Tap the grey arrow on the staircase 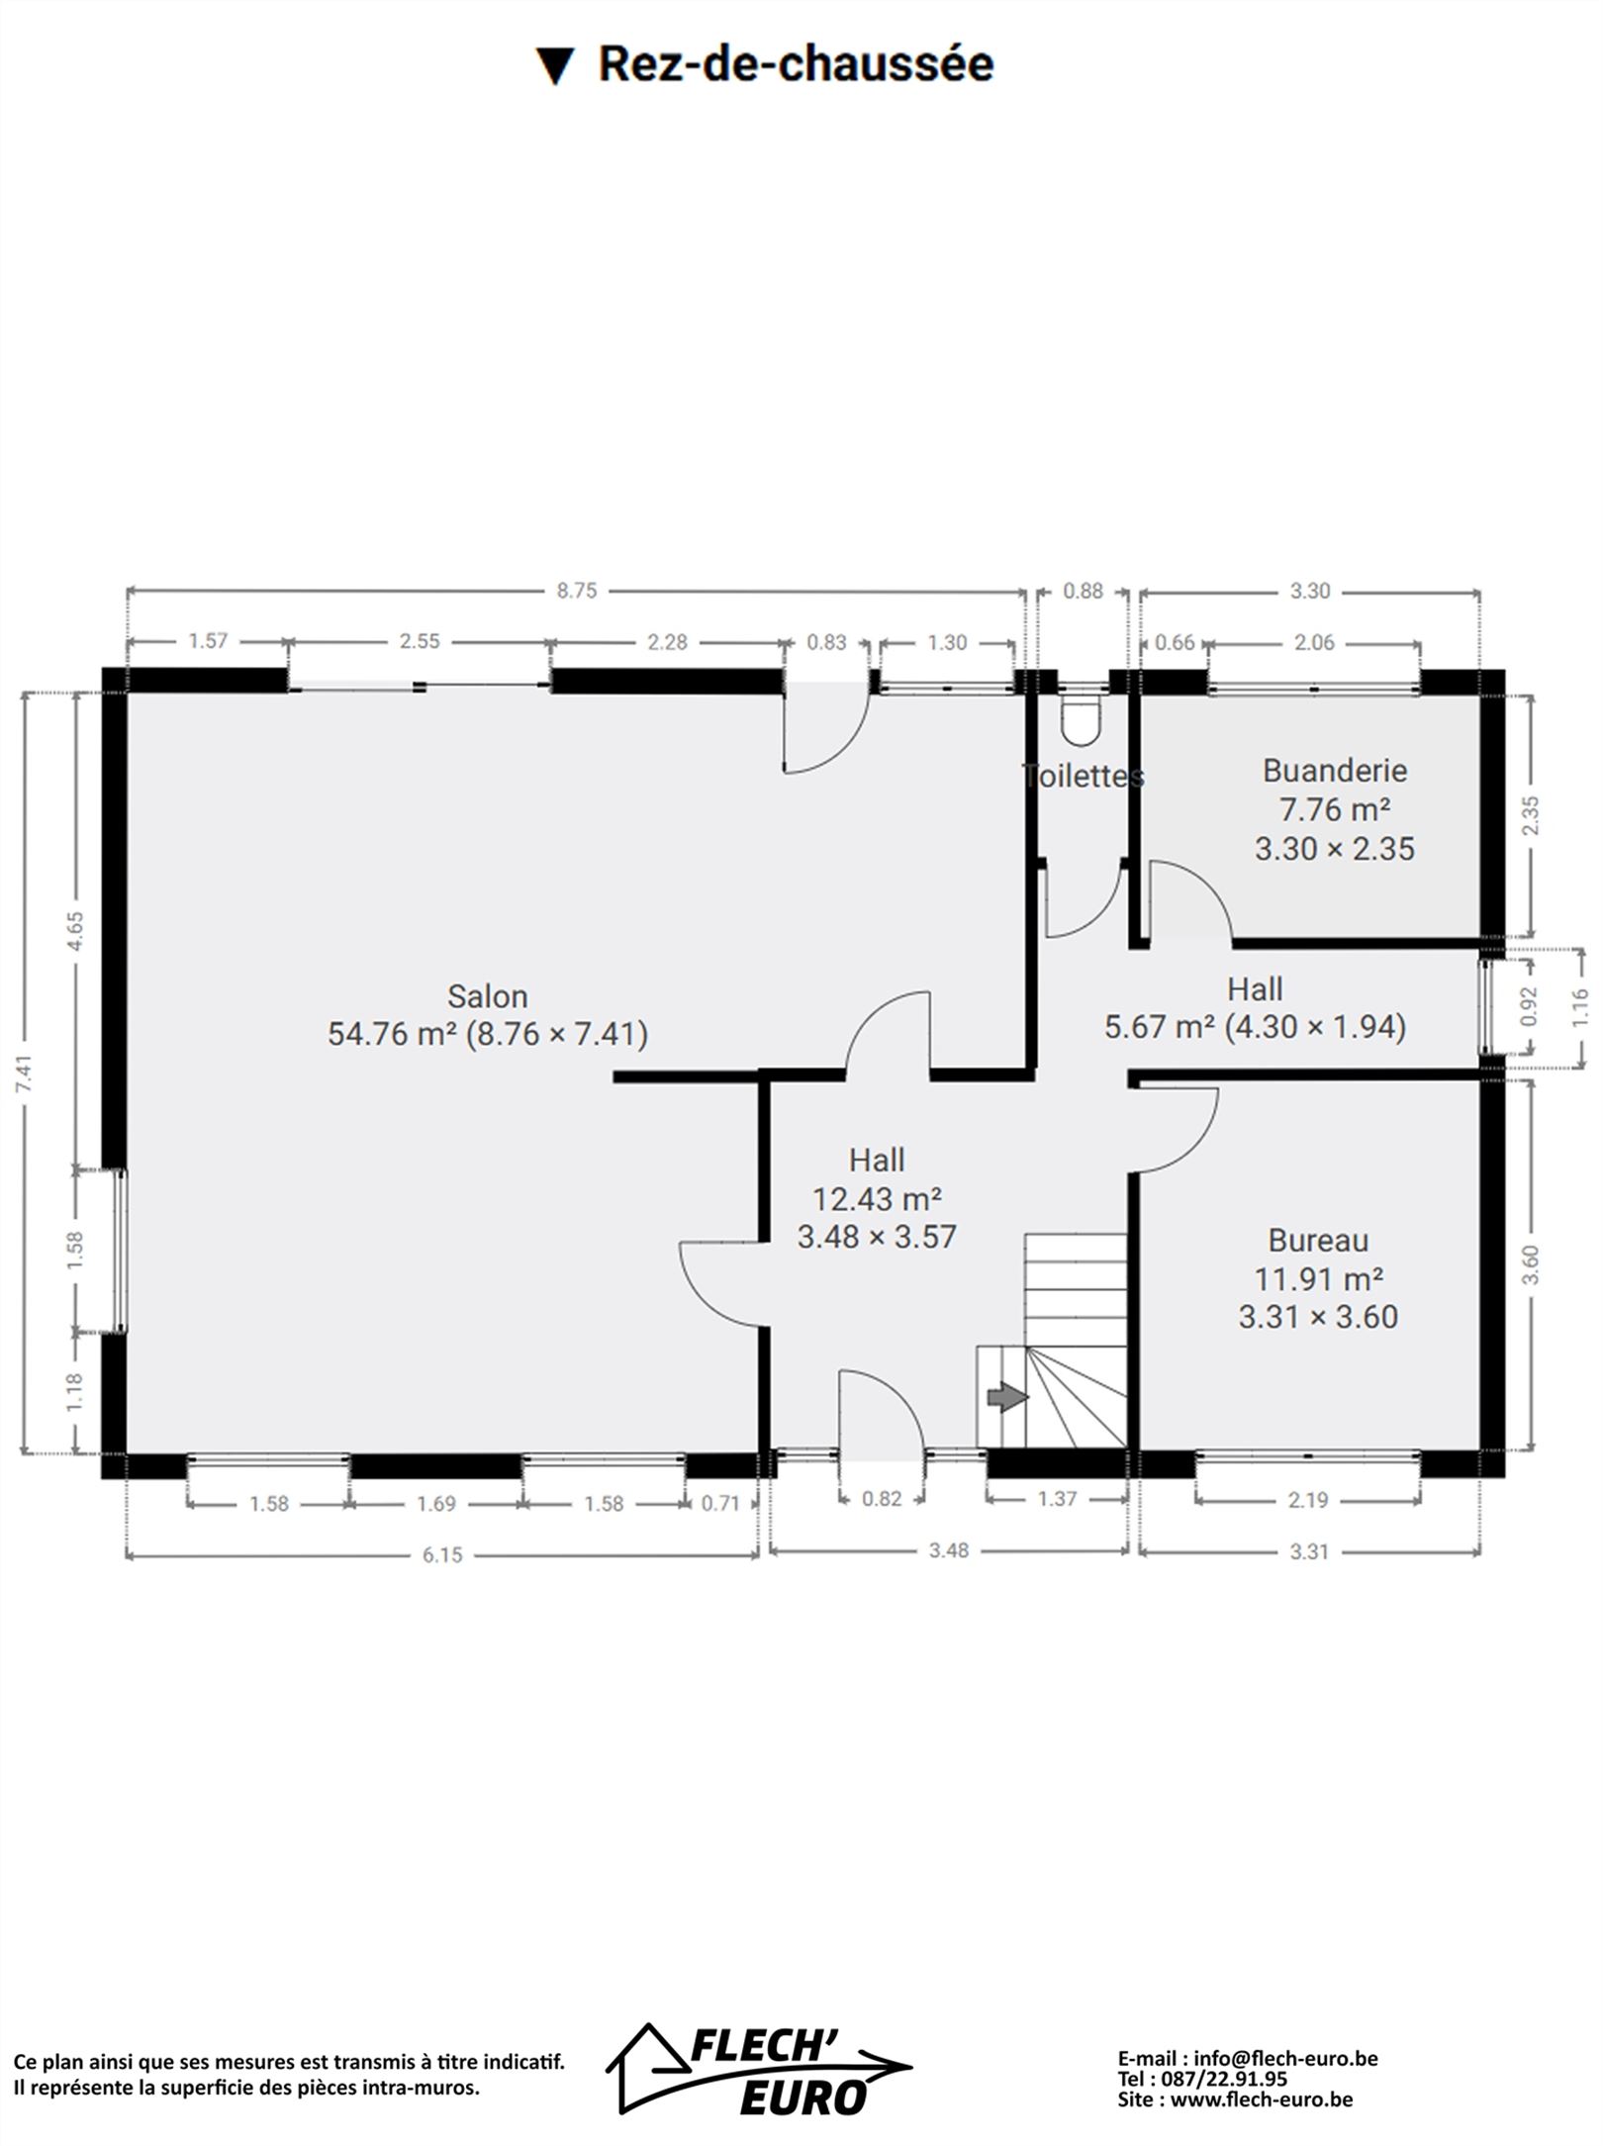1007,1397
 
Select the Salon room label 487,995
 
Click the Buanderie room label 1335,770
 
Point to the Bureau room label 1318,1240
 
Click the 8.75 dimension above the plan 577,591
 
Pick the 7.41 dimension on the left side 26,1073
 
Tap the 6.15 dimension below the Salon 442,1554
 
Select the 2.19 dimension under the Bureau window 1308,1500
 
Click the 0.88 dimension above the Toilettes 1083,591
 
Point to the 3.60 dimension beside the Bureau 1531,1263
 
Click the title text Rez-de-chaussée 797,64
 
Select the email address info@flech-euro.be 1286,2058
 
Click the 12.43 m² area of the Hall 877,1198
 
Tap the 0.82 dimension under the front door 882,1498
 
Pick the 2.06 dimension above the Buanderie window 1314,642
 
